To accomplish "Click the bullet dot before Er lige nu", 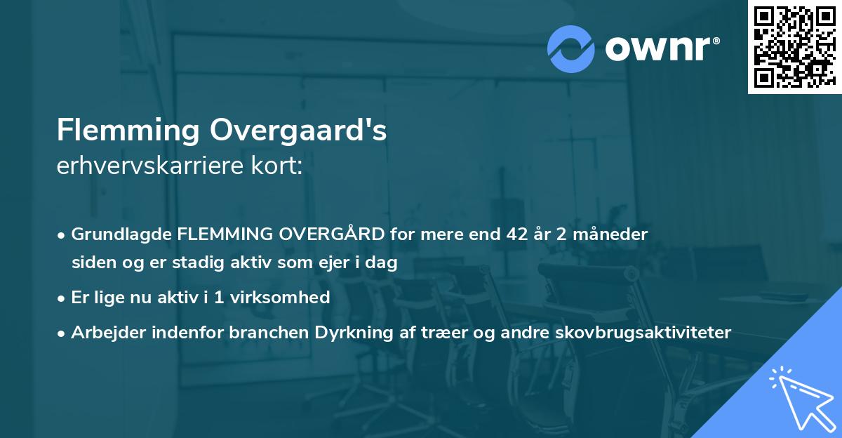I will [x=62, y=298].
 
